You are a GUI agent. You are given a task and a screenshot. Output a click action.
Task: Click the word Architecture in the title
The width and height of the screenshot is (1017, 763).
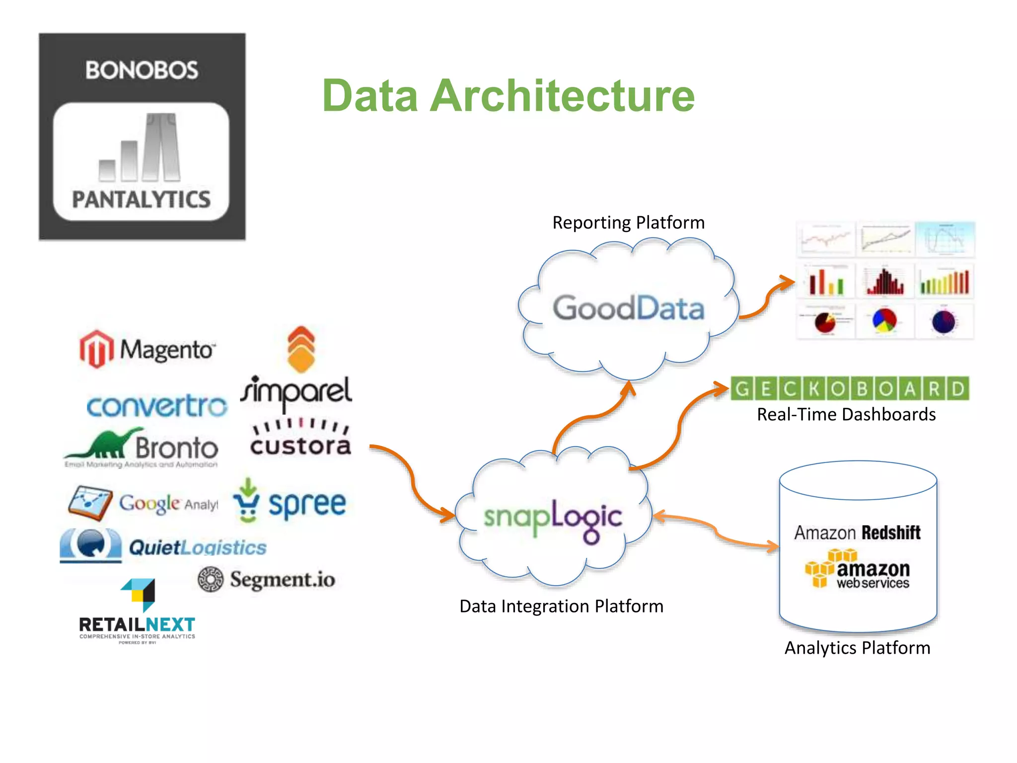[562, 96]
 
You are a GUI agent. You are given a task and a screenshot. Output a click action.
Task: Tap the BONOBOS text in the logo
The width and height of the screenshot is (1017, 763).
[142, 70]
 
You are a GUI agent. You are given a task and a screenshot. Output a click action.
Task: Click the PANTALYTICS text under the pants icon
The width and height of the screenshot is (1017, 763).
[142, 199]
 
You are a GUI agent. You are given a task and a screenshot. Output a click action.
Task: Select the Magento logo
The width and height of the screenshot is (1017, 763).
[147, 349]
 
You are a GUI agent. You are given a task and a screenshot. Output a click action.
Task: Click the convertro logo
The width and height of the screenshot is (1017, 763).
[157, 406]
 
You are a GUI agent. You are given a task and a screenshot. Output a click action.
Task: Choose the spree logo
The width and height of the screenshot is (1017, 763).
[291, 503]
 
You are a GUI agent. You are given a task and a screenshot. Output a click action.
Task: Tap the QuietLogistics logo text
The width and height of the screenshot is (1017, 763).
[197, 547]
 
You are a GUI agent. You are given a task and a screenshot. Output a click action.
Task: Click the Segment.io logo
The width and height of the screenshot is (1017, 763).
[267, 579]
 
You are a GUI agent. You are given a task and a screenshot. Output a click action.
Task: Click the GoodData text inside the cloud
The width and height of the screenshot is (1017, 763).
[628, 308]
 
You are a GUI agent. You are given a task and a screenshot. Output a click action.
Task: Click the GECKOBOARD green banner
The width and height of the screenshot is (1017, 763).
[850, 388]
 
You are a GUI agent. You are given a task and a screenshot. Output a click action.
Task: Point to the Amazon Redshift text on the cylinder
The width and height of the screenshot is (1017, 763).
[857, 533]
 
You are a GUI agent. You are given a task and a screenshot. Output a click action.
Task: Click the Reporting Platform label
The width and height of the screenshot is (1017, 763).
[628, 223]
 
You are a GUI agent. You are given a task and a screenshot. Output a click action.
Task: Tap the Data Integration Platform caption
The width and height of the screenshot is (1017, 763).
[561, 606]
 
